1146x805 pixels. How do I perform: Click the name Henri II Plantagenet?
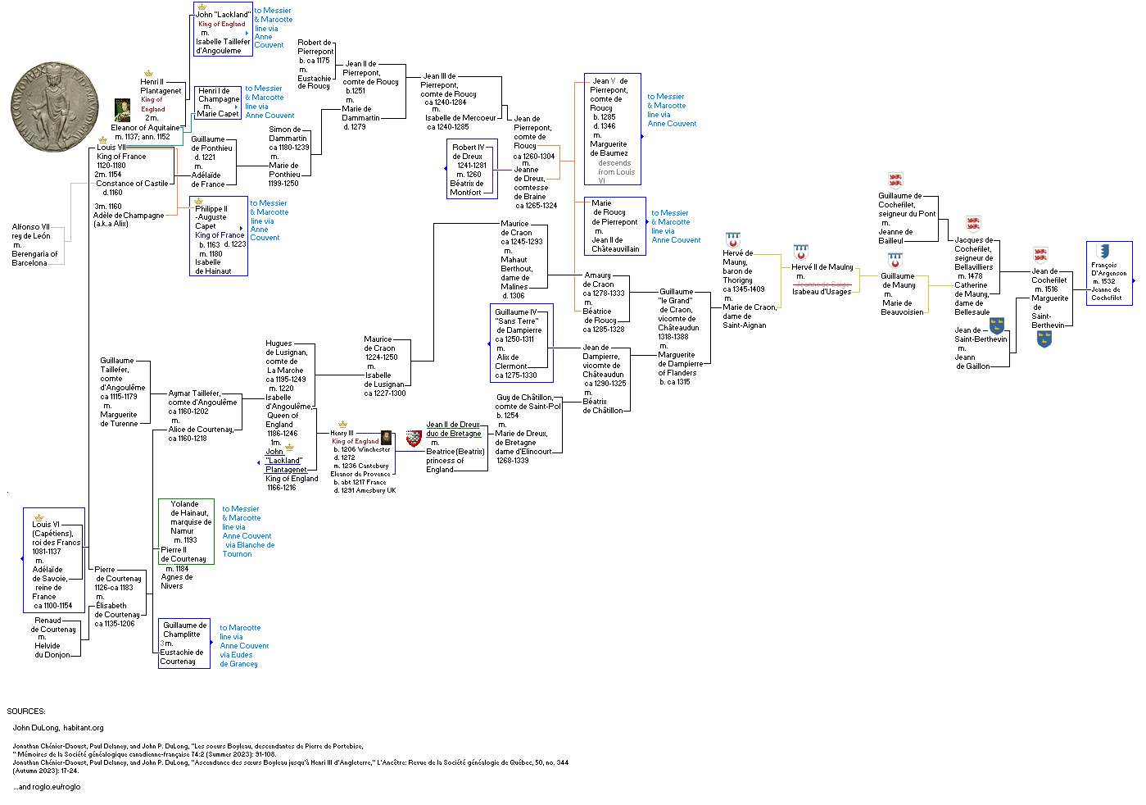tap(161, 86)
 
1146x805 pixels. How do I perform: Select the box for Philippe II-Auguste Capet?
tap(219, 236)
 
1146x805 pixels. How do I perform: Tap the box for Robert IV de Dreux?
tap(472, 170)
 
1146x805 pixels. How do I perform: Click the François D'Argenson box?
tap(1109, 274)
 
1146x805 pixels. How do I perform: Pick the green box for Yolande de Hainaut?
tap(186, 531)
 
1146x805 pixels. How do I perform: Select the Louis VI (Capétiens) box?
tap(54, 560)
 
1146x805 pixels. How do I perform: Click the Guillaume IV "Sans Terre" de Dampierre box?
tap(521, 343)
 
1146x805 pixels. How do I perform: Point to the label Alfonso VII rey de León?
tap(31, 231)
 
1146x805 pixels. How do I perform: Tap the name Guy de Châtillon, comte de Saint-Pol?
tap(528, 402)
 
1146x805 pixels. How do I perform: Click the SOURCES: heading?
tap(26, 712)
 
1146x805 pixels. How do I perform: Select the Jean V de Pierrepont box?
tap(612, 130)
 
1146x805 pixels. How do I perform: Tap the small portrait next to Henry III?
tap(386, 437)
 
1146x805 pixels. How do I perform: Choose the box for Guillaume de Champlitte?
tap(184, 643)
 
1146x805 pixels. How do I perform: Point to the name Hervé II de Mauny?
tap(822, 267)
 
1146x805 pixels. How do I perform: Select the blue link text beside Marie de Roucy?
tap(676, 226)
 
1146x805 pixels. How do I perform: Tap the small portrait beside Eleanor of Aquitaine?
tap(122, 110)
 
